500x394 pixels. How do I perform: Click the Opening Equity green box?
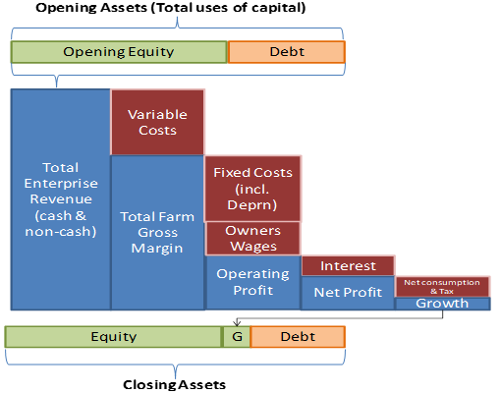coord(119,52)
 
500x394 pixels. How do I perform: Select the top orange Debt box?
coord(287,52)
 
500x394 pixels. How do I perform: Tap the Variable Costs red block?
coord(157,122)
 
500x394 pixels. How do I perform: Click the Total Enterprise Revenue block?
coord(61,199)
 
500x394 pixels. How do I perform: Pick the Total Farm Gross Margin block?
coord(157,233)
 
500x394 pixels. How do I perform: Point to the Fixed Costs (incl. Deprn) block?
coord(252,189)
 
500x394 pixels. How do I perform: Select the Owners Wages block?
coord(253,239)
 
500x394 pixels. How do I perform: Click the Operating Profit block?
coord(253,282)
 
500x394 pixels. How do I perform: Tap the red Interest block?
coord(348,265)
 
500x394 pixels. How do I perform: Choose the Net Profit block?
coord(348,293)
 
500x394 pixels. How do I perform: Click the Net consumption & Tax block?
coord(442,287)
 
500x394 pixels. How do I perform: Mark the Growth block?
coord(442,304)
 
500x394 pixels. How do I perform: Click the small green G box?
coord(237,337)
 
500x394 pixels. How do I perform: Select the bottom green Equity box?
coord(114,337)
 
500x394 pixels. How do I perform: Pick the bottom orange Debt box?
coord(298,337)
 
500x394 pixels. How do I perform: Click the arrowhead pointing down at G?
coord(237,323)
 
